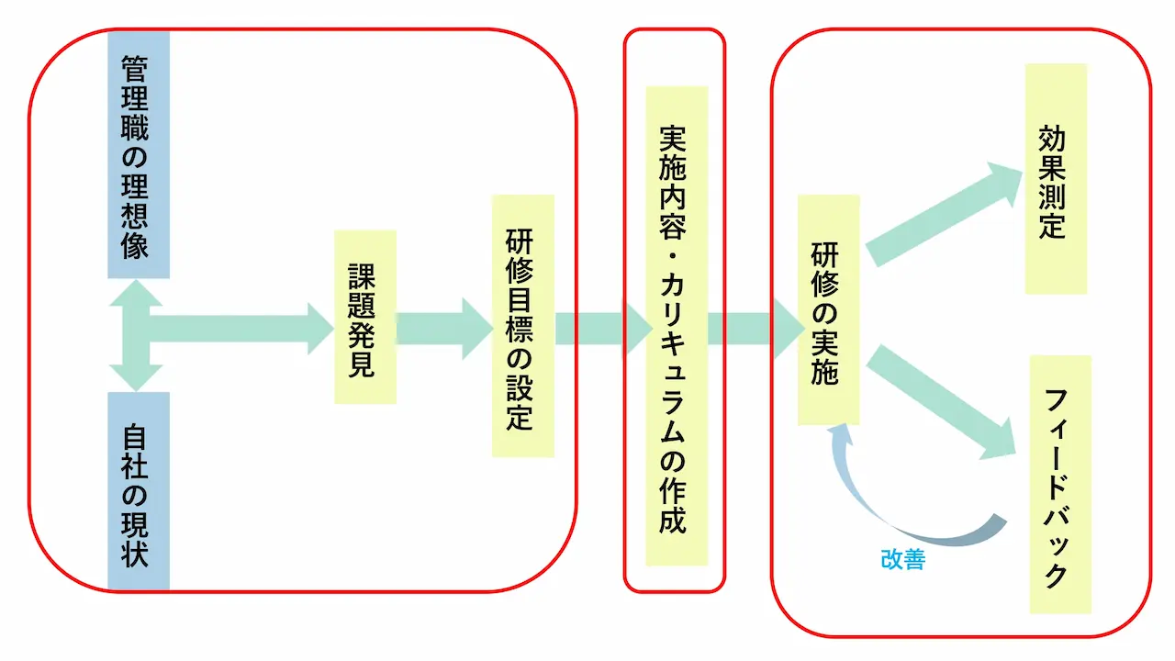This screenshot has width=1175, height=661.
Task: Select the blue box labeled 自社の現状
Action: point(139,490)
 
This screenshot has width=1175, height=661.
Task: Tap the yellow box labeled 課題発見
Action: point(365,317)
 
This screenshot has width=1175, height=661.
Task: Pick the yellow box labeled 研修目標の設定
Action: point(522,326)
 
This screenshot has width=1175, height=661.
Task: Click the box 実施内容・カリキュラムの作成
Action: point(677,326)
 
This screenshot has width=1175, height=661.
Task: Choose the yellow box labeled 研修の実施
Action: point(828,310)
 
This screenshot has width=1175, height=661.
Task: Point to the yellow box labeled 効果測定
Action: point(1056,179)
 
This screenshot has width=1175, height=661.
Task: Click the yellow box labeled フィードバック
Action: point(1060,484)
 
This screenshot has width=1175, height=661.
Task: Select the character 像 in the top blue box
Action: point(136,245)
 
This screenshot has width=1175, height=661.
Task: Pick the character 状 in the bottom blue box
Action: point(136,554)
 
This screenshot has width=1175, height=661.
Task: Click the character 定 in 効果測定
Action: point(1053,226)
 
